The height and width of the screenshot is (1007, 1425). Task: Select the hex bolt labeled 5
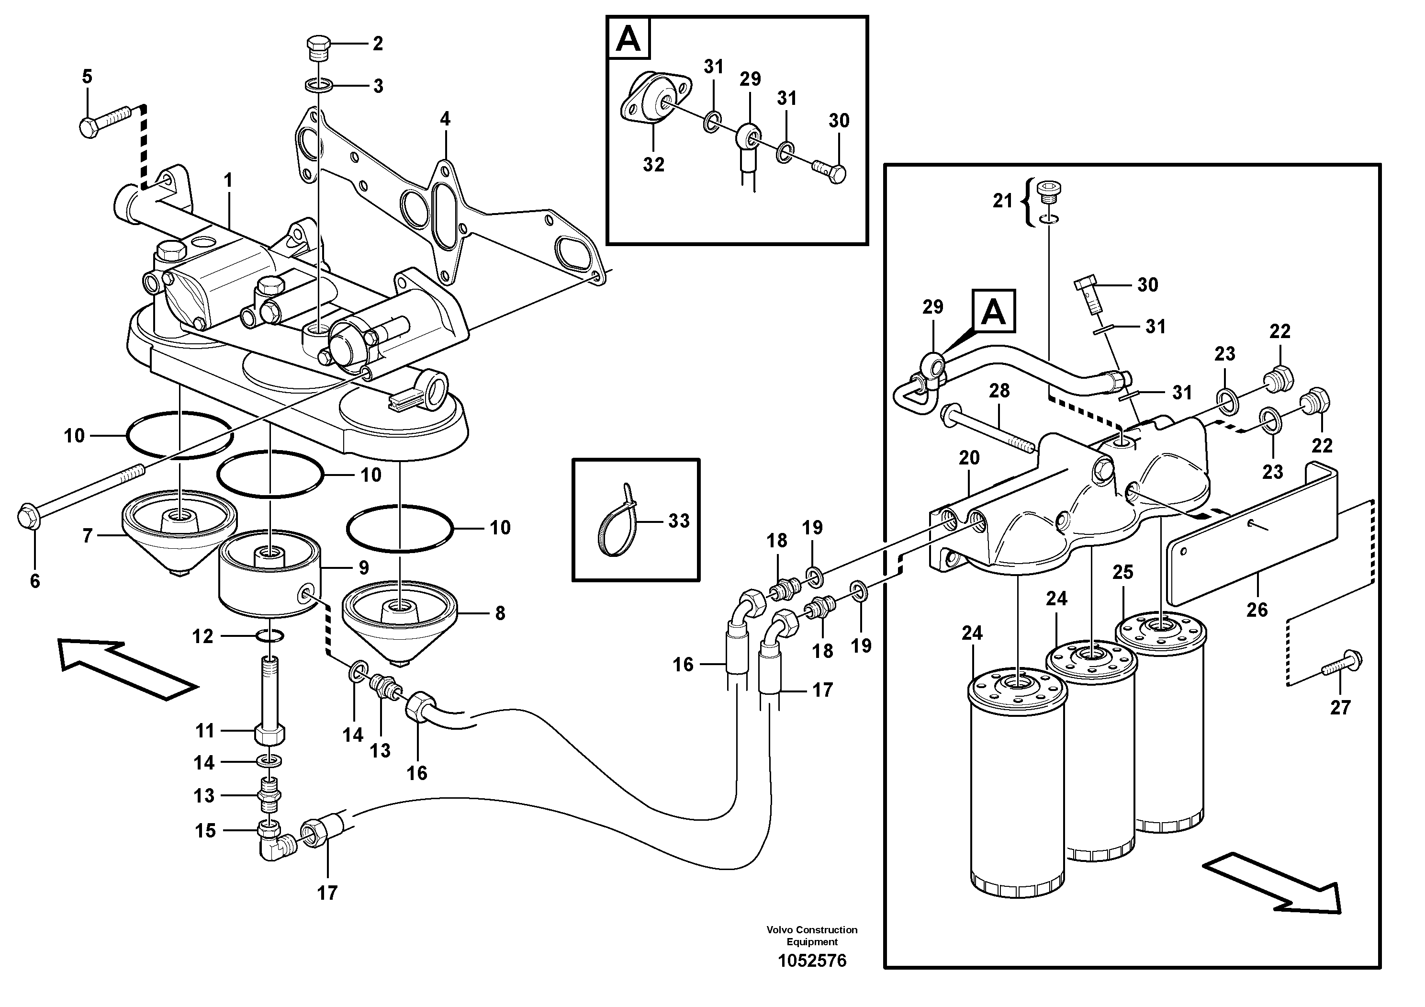click(104, 121)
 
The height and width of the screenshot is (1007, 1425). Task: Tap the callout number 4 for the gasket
click(445, 119)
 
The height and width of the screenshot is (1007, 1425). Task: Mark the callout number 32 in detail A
click(653, 165)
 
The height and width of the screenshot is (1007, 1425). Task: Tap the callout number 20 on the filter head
click(969, 458)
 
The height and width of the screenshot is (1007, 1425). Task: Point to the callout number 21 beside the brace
click(1002, 201)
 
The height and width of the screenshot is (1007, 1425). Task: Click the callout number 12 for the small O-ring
click(202, 636)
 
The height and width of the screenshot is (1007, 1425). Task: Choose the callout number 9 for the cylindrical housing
click(364, 567)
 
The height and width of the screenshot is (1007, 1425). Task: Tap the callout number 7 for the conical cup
click(88, 536)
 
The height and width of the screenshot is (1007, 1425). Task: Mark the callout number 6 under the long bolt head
click(35, 581)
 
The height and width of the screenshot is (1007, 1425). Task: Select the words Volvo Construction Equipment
click(812, 936)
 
